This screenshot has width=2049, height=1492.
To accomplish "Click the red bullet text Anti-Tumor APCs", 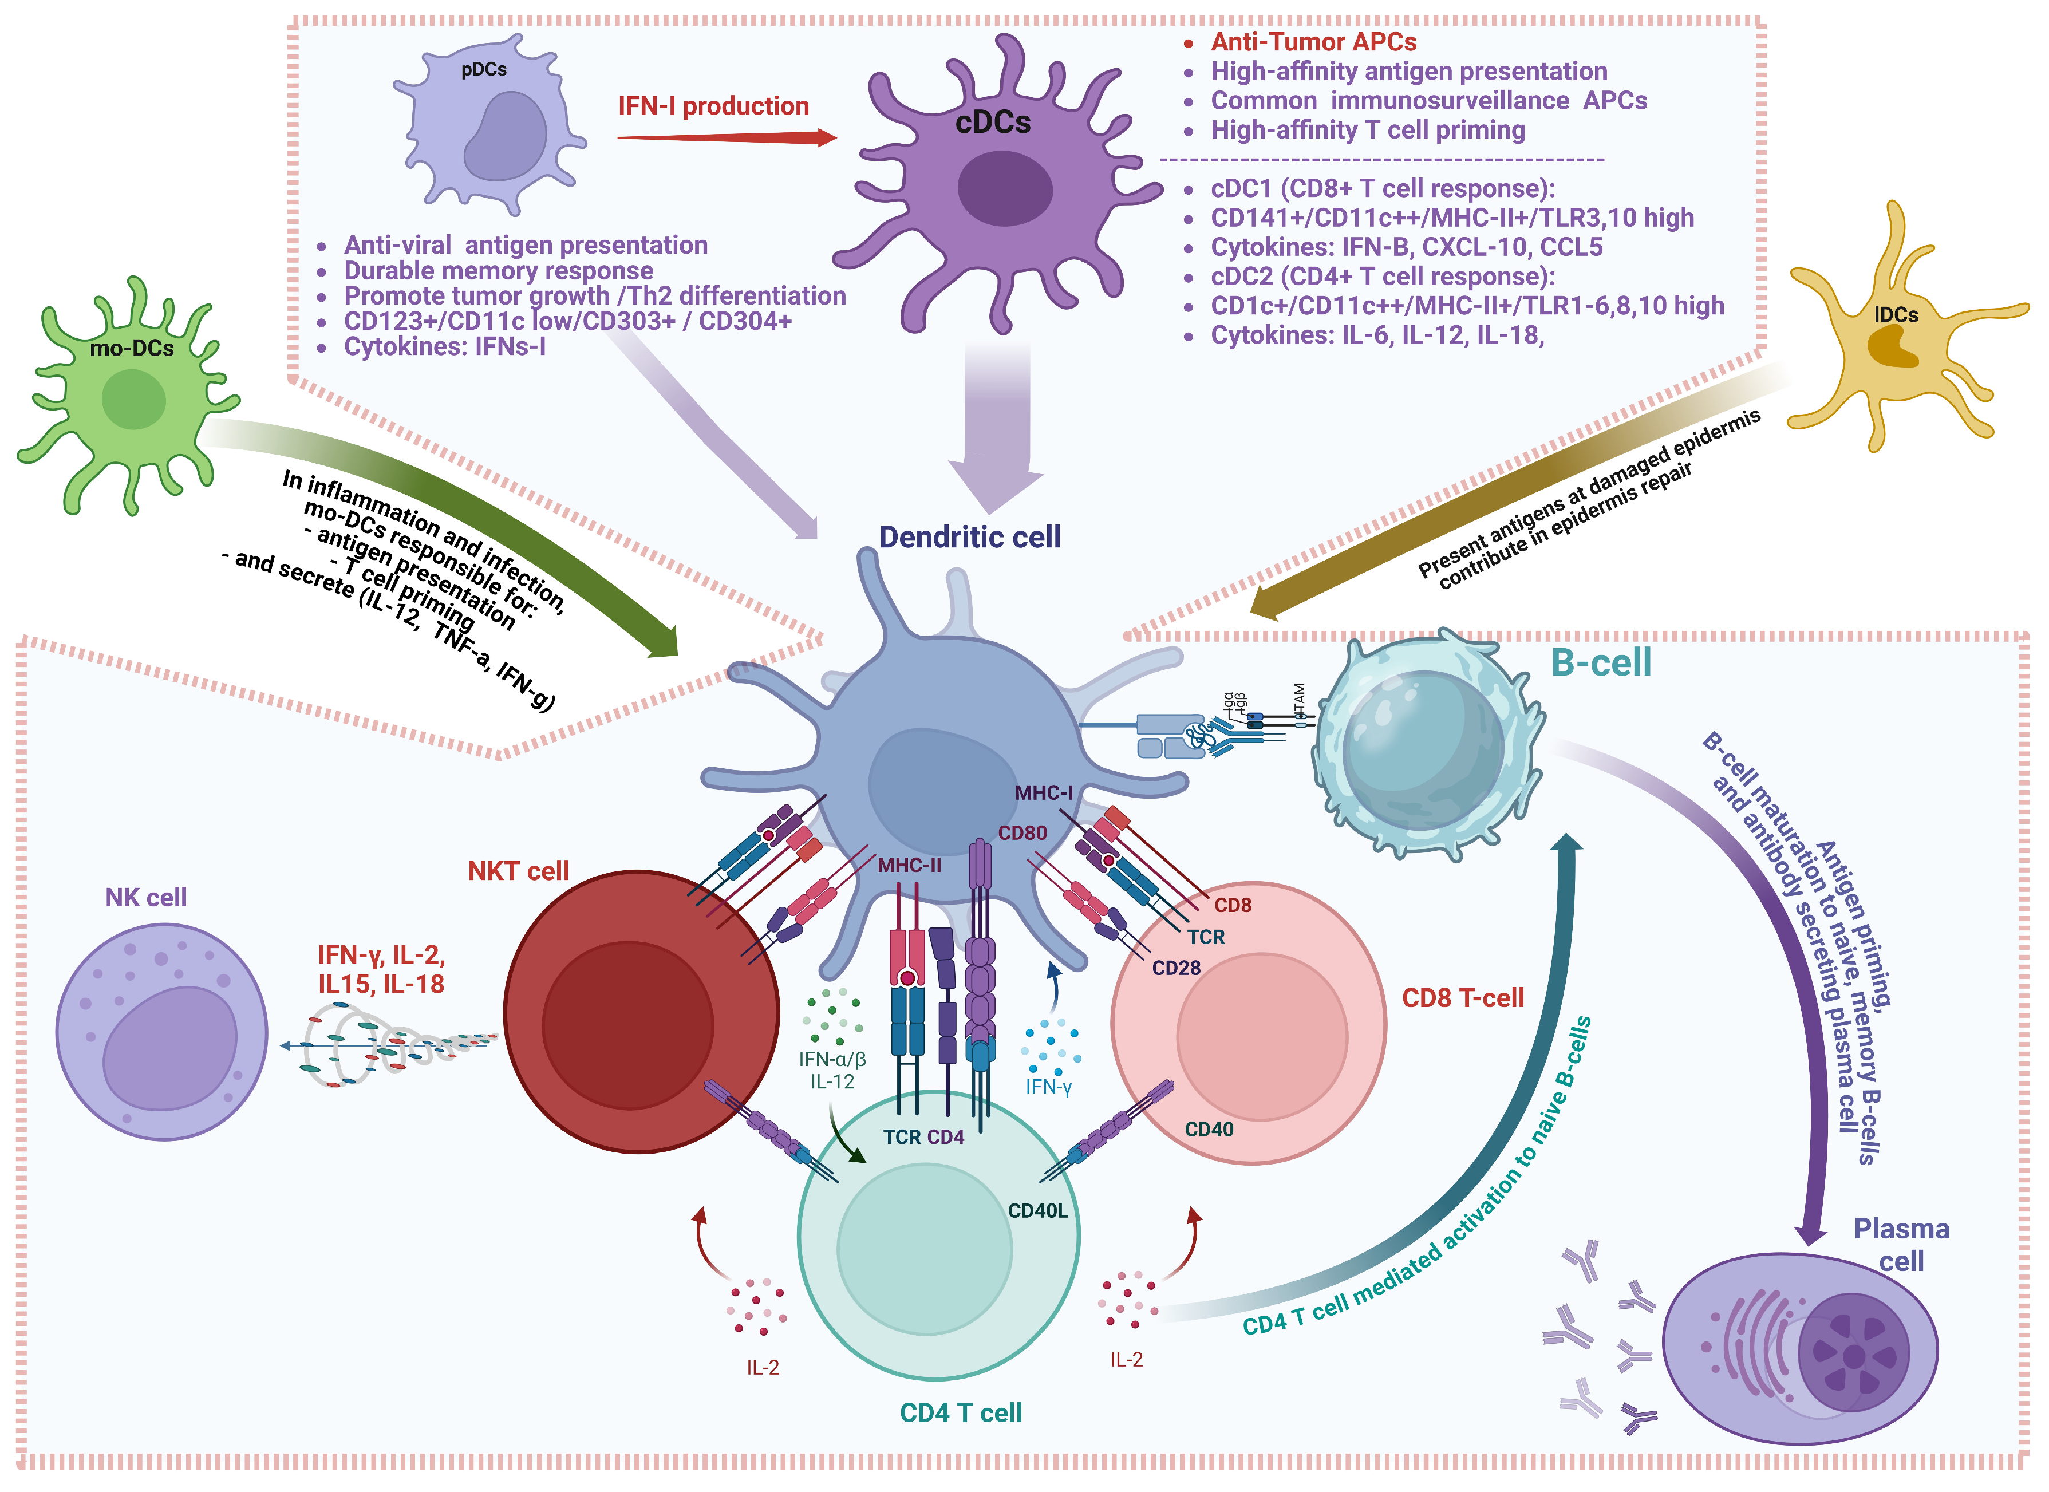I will click(1313, 42).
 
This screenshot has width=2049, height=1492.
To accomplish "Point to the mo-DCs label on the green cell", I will click(132, 348).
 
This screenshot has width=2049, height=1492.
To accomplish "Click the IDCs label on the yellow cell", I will click(1896, 314).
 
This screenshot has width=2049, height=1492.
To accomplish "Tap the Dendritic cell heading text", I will click(969, 537).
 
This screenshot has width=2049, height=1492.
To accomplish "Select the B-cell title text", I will click(1600, 662).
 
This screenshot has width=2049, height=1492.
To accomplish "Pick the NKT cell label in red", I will click(518, 871).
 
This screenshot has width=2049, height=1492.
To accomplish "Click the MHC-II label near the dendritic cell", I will click(909, 865).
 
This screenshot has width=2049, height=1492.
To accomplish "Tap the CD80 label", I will click(1022, 832).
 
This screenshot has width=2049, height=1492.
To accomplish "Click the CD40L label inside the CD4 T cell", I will click(1037, 1211).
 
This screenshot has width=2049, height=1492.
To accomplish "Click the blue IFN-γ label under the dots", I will click(1048, 1087).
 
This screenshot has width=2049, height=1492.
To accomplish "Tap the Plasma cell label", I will click(1901, 1245).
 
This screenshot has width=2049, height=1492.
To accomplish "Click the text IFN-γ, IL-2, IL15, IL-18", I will click(381, 970).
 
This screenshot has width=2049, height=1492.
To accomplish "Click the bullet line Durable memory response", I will click(498, 270).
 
